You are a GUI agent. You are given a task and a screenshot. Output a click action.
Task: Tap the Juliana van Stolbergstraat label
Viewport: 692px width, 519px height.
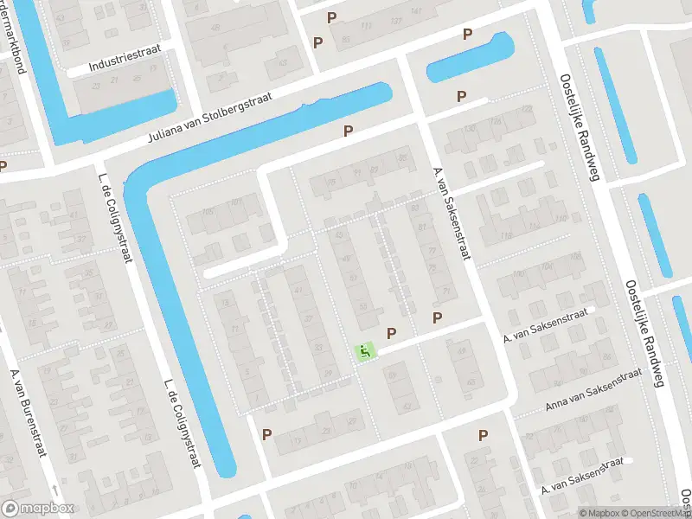coord(211,117)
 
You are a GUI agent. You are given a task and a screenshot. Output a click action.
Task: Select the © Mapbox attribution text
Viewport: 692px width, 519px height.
coord(599,513)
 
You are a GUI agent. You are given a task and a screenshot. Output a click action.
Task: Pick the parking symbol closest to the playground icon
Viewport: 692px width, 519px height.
coord(392,332)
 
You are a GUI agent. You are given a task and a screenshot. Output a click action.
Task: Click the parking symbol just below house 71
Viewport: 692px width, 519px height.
coord(438,317)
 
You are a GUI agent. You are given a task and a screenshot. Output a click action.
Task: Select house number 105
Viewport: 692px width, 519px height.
coord(208,211)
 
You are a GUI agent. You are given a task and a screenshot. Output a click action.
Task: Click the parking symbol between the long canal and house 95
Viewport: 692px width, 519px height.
coord(348,131)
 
